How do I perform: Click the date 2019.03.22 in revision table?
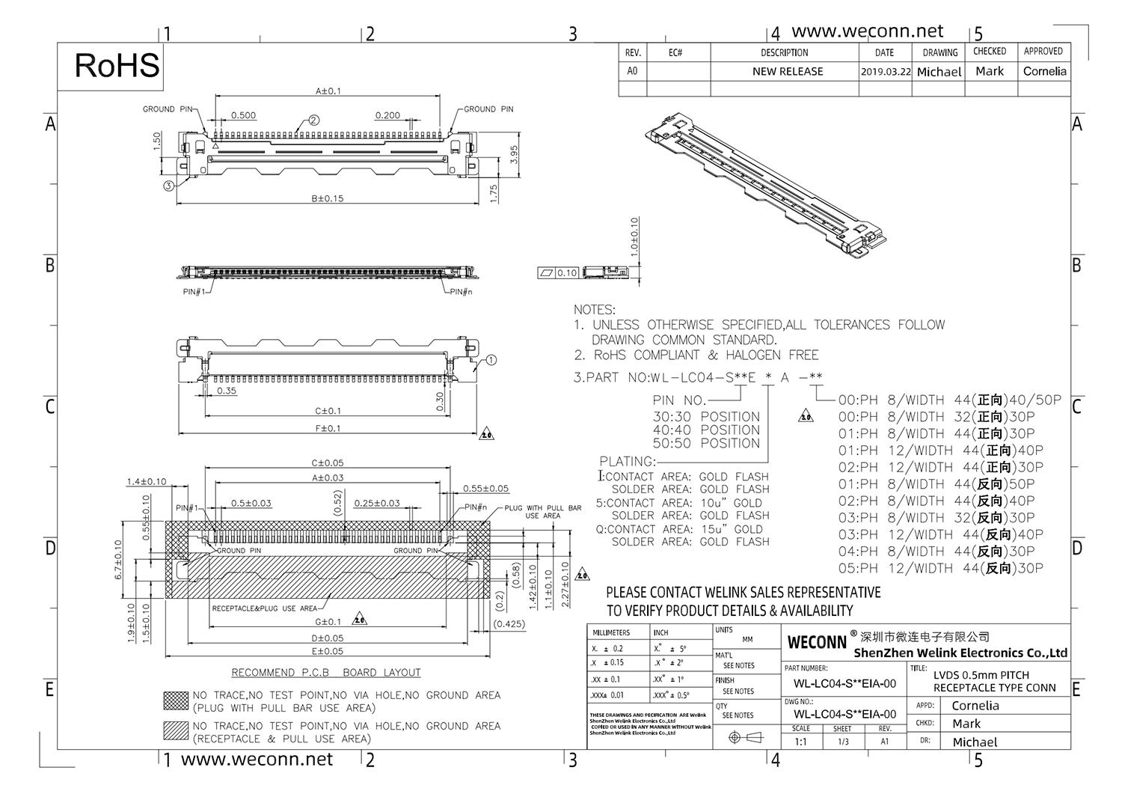click(886, 72)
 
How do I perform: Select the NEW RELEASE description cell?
click(787, 72)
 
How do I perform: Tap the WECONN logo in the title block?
click(817, 642)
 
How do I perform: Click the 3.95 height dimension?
click(514, 155)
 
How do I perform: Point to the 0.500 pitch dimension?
click(243, 115)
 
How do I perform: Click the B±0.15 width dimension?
click(328, 198)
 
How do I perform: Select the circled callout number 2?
click(314, 120)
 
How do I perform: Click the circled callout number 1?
click(491, 360)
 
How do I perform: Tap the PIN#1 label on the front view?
click(193, 292)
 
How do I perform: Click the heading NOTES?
click(594, 310)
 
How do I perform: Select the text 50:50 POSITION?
click(706, 443)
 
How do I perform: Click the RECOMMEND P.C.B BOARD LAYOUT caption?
click(326, 672)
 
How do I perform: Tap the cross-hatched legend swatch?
click(176, 700)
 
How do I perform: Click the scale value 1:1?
click(800, 742)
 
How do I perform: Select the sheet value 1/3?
click(843, 742)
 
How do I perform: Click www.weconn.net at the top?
click(867, 31)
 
